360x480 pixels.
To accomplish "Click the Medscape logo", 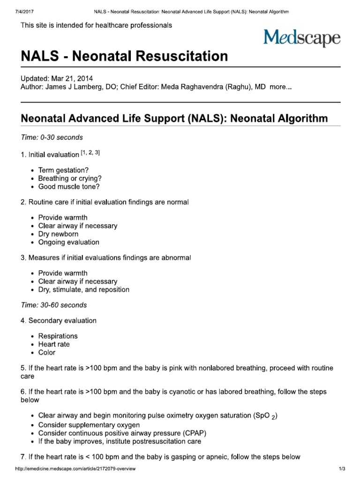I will point(301,37).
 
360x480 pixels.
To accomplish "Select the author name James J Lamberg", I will point(68,87).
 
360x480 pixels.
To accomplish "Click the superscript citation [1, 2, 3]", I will point(90,153).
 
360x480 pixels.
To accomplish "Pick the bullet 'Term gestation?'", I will point(63,170).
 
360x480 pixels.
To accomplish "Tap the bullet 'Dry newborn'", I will point(58,234).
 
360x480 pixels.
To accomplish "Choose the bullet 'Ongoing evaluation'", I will point(68,242).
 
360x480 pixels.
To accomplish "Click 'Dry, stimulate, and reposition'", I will point(83,290).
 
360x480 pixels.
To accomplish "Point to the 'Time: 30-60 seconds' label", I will point(54,305).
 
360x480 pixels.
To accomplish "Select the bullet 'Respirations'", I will point(58,336).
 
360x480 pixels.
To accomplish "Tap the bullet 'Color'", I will point(46,352).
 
